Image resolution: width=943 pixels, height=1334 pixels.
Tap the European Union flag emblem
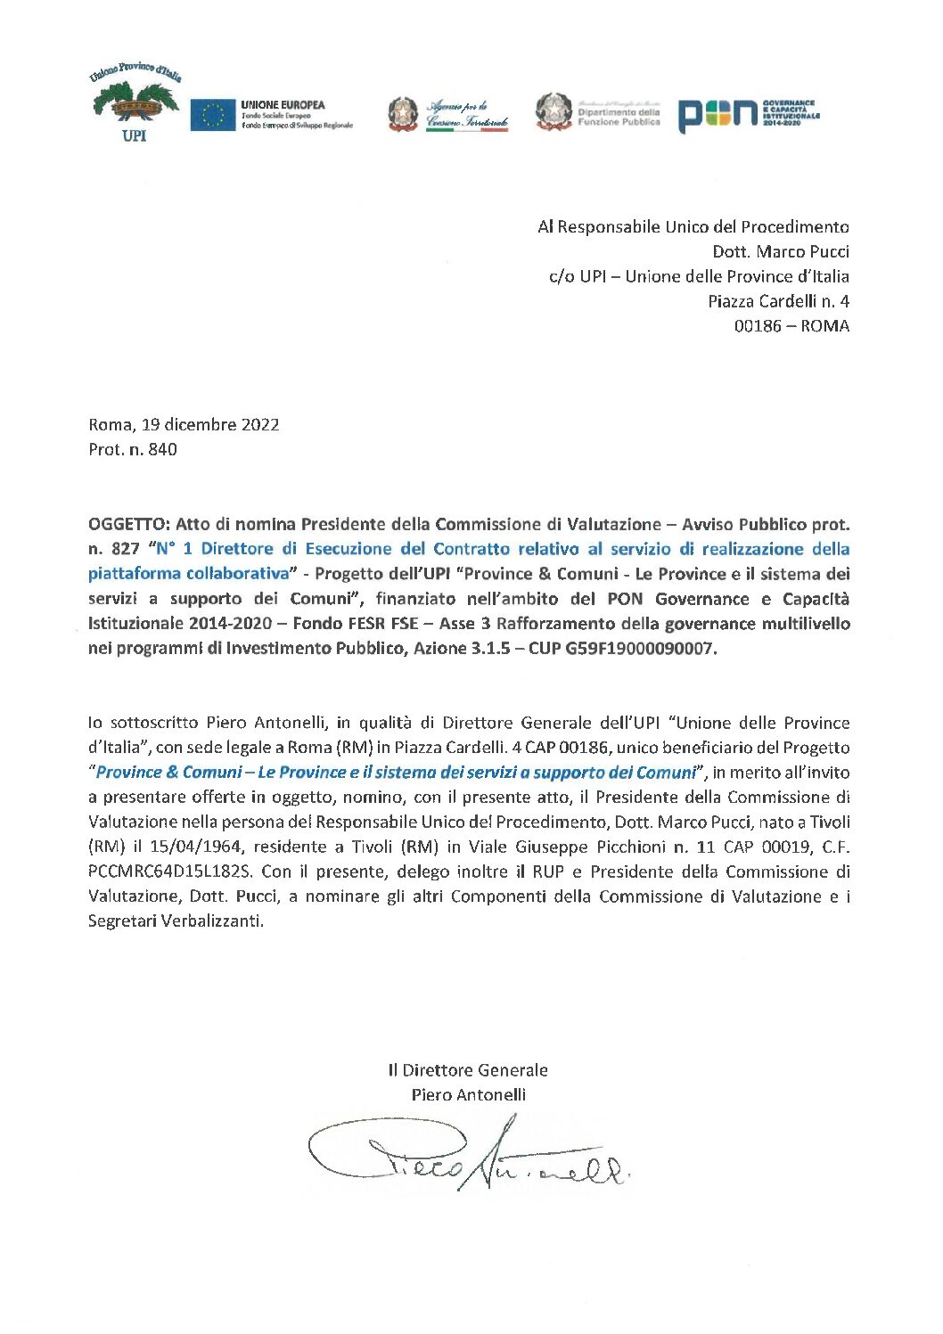tap(212, 115)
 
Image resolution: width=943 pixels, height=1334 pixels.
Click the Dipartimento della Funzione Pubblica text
tap(619, 117)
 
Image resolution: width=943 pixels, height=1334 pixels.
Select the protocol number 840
tap(163, 450)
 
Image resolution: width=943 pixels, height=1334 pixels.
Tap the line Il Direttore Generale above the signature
tap(468, 1070)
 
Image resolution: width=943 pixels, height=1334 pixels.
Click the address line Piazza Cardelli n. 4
tap(778, 301)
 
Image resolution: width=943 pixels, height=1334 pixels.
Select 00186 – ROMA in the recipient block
tap(791, 326)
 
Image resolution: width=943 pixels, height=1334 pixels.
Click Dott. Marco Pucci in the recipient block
tap(781, 251)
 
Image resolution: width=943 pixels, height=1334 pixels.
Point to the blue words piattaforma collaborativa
tap(189, 574)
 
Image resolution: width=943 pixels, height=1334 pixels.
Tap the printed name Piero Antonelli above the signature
tap(469, 1095)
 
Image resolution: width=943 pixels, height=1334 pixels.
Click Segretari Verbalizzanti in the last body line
tap(175, 921)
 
